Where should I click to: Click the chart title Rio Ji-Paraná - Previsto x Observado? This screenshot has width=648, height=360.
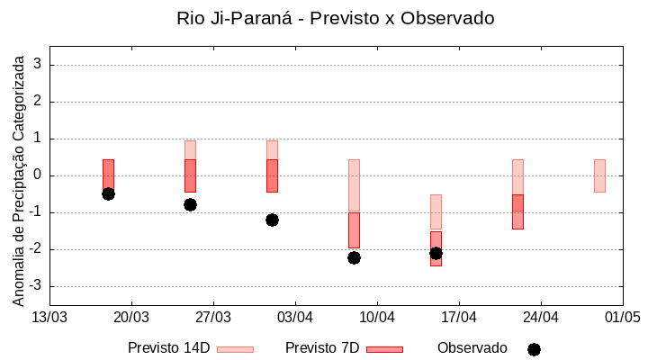coord(335,18)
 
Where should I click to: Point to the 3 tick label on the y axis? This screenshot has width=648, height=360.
coord(38,65)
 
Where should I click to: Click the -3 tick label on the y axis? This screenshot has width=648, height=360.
coord(35,286)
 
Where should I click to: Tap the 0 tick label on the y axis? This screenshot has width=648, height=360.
coord(38,175)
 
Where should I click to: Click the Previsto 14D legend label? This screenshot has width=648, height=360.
coord(168,348)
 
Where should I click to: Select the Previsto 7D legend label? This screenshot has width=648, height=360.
coord(322,348)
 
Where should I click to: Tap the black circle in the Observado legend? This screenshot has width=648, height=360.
coord(534,349)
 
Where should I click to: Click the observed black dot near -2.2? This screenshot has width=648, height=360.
coord(354,257)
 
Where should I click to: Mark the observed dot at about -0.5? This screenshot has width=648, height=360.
coord(108,193)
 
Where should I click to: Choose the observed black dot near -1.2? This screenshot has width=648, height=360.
coord(272,220)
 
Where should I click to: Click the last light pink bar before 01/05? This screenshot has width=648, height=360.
coord(599,175)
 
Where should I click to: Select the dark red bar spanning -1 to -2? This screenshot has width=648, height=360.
coord(354,230)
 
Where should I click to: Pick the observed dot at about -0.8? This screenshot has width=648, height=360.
coord(190,204)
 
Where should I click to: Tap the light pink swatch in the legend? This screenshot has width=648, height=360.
coord(235,349)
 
